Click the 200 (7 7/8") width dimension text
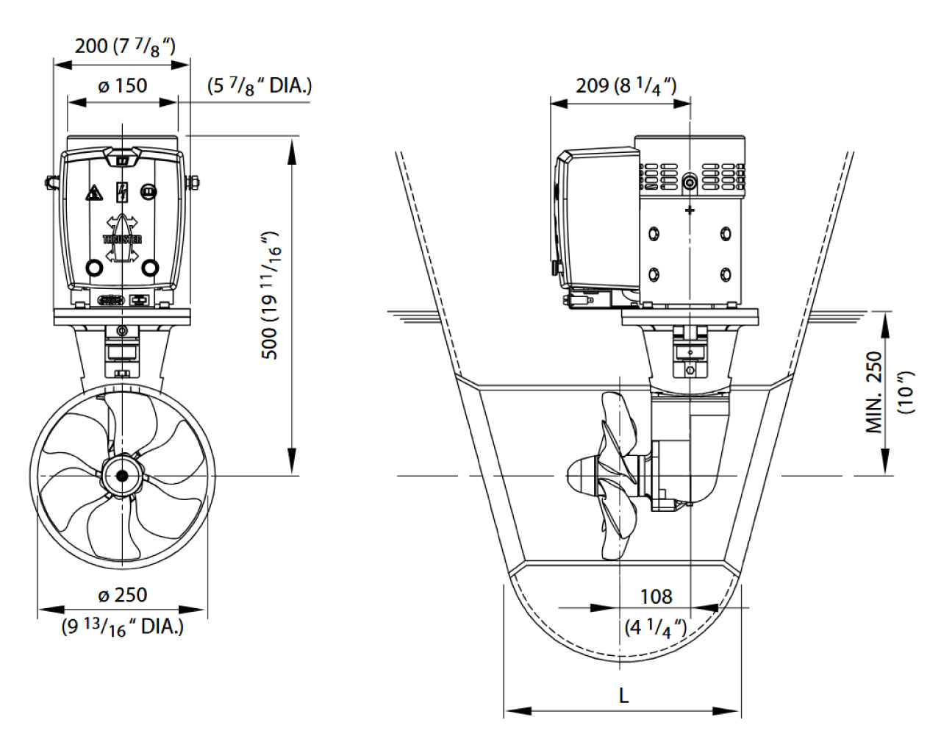click(125, 46)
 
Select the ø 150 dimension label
click(122, 85)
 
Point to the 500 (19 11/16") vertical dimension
click(272, 294)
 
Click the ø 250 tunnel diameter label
click(122, 594)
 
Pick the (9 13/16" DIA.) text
click(122, 627)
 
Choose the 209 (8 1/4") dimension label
click(626, 85)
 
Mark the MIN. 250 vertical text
click(874, 393)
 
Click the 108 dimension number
click(656, 596)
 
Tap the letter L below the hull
click(623, 695)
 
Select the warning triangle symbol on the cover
click(93, 194)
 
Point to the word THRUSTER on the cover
click(122, 239)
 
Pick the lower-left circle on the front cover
click(93, 267)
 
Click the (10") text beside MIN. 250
click(909, 393)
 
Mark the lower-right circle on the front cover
click(150, 267)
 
